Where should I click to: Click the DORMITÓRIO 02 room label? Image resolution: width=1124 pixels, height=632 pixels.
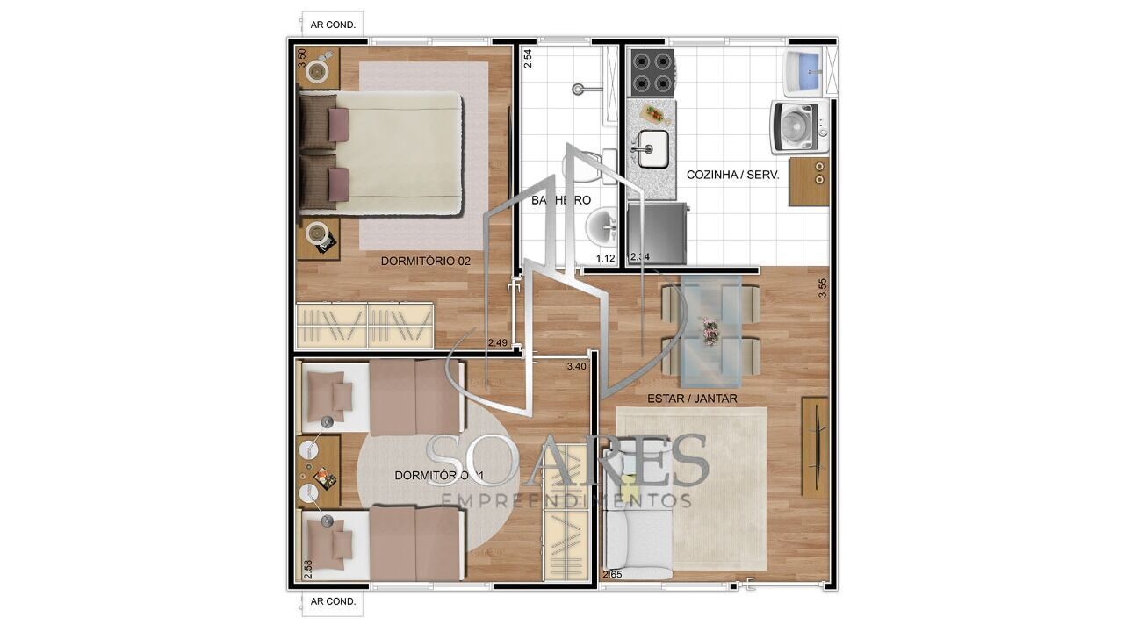point(426,261)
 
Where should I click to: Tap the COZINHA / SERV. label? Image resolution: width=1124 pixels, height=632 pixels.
point(732,175)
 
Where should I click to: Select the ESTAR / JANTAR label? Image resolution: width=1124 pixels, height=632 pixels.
point(692,399)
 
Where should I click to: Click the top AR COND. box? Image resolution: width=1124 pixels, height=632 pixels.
point(333,25)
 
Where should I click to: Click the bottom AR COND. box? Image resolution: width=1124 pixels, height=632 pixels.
point(333,601)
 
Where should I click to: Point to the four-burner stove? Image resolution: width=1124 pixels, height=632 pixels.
point(652,73)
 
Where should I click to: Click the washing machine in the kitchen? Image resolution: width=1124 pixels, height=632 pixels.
point(800,126)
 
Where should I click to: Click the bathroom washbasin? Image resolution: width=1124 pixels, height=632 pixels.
point(602,227)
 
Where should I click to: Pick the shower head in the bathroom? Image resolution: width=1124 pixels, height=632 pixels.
point(580,88)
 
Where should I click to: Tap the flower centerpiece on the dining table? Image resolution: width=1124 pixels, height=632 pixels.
point(710,331)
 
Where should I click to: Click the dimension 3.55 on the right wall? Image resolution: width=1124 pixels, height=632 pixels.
point(823,288)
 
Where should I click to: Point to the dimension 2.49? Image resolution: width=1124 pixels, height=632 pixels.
point(498,342)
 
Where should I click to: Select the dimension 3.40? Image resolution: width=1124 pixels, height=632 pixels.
point(576,366)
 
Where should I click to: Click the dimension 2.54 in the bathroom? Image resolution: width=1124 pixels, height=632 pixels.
point(527,58)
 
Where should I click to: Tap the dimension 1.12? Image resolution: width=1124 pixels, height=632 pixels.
point(605,258)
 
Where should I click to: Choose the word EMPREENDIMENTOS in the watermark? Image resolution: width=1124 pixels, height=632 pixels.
point(566,500)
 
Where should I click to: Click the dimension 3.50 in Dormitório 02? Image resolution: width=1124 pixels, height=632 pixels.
point(302,58)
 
